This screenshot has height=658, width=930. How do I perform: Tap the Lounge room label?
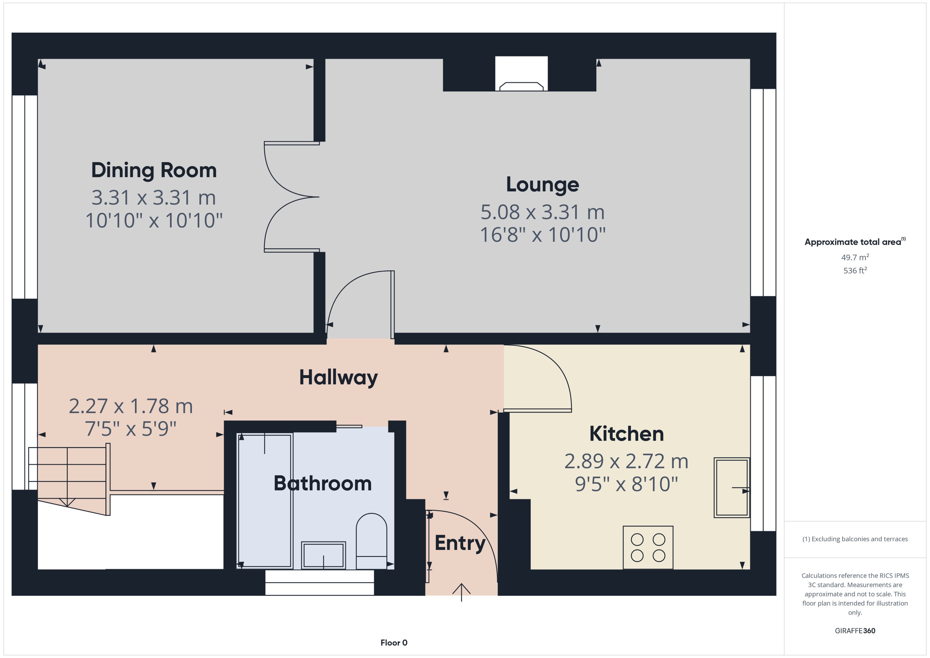[x=542, y=185]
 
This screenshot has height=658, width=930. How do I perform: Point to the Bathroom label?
[x=323, y=483]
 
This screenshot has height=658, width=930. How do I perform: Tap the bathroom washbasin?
[x=323, y=555]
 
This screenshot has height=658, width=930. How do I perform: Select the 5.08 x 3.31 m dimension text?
[x=542, y=212]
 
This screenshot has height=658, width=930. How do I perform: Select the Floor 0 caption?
[x=394, y=643]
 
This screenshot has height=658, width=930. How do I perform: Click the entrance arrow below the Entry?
[x=461, y=592]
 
